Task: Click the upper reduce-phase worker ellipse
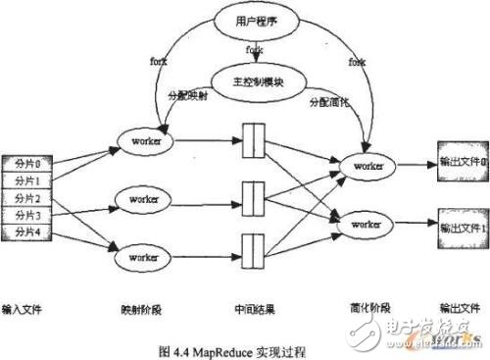point(368,167)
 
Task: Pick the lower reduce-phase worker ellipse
point(368,225)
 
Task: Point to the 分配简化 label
point(328,101)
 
